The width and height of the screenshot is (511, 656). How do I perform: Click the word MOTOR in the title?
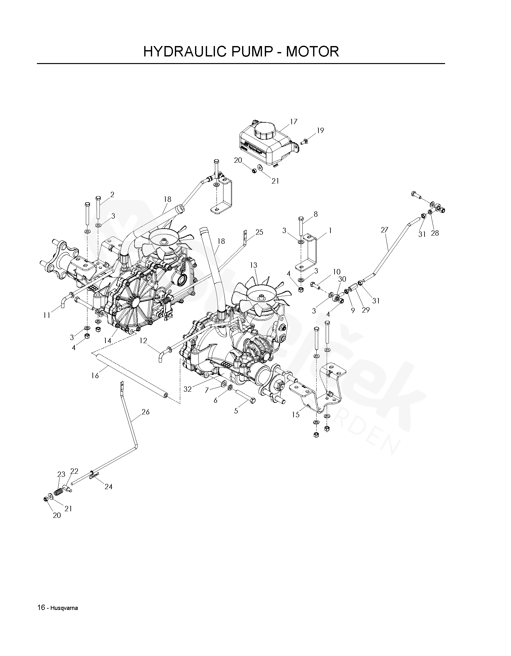click(312, 51)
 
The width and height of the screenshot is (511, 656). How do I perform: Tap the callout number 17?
click(294, 121)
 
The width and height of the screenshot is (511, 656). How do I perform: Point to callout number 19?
click(320, 130)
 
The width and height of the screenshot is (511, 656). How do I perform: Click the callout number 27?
click(384, 230)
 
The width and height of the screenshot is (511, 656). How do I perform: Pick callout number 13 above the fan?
click(253, 265)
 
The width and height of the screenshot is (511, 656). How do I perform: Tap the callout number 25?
click(259, 232)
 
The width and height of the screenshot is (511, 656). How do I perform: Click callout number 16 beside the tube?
click(95, 375)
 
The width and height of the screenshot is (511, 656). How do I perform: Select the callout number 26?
click(146, 412)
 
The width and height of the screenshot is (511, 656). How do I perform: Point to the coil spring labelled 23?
click(58, 491)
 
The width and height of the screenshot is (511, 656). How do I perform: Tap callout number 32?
click(187, 389)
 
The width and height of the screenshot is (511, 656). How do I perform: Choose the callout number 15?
click(295, 414)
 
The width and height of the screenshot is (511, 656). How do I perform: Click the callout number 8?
click(315, 214)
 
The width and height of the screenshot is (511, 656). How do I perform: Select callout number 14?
click(108, 341)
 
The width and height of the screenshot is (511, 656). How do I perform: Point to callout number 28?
click(435, 233)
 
